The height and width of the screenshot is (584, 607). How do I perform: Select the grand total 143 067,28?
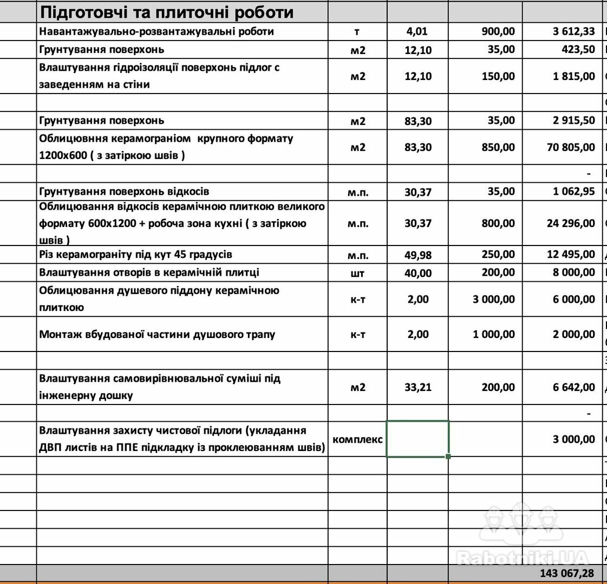pos(566,573)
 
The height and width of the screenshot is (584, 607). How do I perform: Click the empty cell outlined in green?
pos(417,439)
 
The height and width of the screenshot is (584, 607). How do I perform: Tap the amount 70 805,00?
pos(571,147)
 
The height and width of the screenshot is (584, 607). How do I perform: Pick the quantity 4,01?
pos(417,31)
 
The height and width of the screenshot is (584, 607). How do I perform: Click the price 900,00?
pos(498,31)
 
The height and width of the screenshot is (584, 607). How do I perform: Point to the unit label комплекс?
pos(357,439)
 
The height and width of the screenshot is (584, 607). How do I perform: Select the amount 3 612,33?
pos(573,31)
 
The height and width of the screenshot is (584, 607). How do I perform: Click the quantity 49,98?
pos(418,255)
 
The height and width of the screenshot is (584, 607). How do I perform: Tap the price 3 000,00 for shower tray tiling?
pos(494,299)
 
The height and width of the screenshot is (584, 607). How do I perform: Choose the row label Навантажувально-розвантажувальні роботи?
pos(156,31)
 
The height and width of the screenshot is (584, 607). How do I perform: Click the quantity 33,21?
pos(418,387)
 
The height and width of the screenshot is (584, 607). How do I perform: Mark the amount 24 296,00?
pos(571,223)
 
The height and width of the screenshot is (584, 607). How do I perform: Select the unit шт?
pos(357,273)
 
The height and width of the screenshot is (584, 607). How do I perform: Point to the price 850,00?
pos(498,147)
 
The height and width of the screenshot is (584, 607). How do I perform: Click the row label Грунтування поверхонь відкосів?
pos(124,191)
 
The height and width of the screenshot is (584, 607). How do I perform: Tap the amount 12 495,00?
pos(571,255)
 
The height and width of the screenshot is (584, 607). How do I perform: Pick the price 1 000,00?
pos(494,334)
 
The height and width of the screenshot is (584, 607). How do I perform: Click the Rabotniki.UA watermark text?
pos(523,557)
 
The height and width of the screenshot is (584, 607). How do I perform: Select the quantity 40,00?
pos(418,273)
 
